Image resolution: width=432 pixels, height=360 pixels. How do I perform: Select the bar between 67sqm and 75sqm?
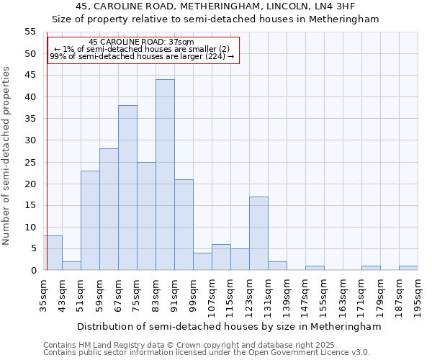tap(127, 188)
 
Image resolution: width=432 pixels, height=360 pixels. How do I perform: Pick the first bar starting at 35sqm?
tap(53, 253)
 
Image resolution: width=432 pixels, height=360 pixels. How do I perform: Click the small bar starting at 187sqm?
tap(408, 268)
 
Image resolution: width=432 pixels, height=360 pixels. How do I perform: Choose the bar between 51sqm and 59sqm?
tap(90, 220)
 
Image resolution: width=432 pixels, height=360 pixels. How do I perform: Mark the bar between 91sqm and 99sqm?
tap(184, 225)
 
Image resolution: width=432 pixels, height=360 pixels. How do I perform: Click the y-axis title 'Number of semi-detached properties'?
tap(7, 156)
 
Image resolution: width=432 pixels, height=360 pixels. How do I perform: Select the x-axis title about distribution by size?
tap(228, 326)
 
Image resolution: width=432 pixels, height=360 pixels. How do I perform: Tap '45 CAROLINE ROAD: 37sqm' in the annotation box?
tap(141, 42)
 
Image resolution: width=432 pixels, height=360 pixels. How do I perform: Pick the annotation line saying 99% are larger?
tap(142, 56)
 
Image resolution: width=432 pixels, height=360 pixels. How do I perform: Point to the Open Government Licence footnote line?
tap(207, 352)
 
